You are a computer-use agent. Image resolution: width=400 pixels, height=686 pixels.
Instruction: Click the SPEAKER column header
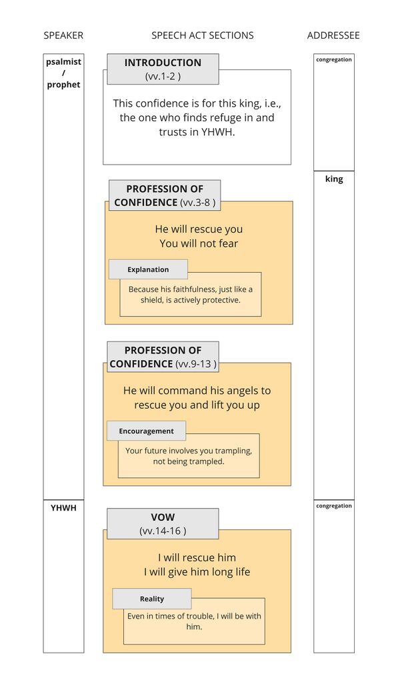tap(63, 35)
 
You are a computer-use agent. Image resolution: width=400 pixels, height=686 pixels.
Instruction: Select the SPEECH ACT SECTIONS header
tap(202, 35)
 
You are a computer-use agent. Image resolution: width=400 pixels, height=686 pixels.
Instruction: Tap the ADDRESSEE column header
tap(333, 35)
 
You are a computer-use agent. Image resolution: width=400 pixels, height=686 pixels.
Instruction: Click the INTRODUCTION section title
tap(163, 63)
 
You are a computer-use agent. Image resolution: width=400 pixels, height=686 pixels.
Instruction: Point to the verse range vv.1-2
tap(163, 77)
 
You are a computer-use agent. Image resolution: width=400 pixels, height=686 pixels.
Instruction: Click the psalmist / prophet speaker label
tap(63, 73)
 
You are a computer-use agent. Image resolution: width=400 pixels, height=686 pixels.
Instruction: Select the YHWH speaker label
tap(63, 508)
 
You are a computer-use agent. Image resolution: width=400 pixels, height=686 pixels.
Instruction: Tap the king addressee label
tap(334, 179)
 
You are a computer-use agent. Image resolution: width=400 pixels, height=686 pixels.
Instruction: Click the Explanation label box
tap(148, 269)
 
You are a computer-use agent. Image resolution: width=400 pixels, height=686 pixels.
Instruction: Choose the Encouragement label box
tap(146, 431)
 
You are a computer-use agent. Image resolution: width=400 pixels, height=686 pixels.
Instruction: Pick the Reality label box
tap(151, 599)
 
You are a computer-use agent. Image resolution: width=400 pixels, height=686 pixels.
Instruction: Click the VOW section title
tap(163, 517)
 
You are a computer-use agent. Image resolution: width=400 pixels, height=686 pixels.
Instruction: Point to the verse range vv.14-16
tap(163, 531)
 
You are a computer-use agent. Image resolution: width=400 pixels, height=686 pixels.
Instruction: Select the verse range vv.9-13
tap(196, 364)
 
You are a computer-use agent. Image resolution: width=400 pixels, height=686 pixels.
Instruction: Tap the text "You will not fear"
tap(199, 243)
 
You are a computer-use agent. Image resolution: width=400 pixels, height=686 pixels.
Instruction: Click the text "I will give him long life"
tap(197, 572)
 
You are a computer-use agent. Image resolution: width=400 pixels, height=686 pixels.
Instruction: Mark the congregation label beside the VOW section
tap(334, 506)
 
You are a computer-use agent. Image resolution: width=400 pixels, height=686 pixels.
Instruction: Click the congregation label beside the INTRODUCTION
tap(334, 60)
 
